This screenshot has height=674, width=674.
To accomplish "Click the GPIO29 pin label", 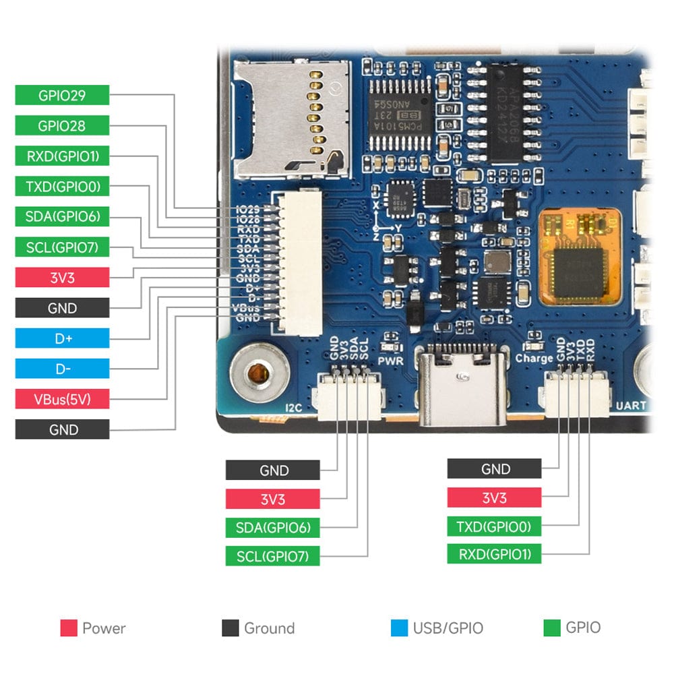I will tap(62, 95).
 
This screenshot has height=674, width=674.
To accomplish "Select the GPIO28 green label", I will tap(62, 125).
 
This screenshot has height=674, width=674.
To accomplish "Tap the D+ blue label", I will tap(62, 338).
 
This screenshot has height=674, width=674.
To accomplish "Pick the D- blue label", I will tap(62, 369).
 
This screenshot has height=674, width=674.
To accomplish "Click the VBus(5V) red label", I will tap(62, 399).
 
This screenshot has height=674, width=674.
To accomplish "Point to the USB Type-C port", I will tap(462, 386).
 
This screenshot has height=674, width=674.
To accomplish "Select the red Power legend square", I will tap(68, 628).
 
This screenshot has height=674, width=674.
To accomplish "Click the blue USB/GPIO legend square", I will tap(399, 628).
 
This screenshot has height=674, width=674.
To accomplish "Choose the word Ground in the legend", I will tap(269, 628).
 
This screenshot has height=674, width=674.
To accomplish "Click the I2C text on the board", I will tap(293, 406).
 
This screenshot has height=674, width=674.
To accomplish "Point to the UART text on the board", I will tap(631, 406).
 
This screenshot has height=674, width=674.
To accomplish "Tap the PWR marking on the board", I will tap(390, 361).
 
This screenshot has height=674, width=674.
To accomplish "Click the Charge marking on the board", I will tap(534, 359).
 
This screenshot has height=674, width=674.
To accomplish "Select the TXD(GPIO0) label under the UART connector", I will tap(494, 526).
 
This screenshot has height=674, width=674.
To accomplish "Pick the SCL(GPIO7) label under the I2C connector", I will tap(272, 557).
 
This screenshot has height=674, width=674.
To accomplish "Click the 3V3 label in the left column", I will tap(62, 278).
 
